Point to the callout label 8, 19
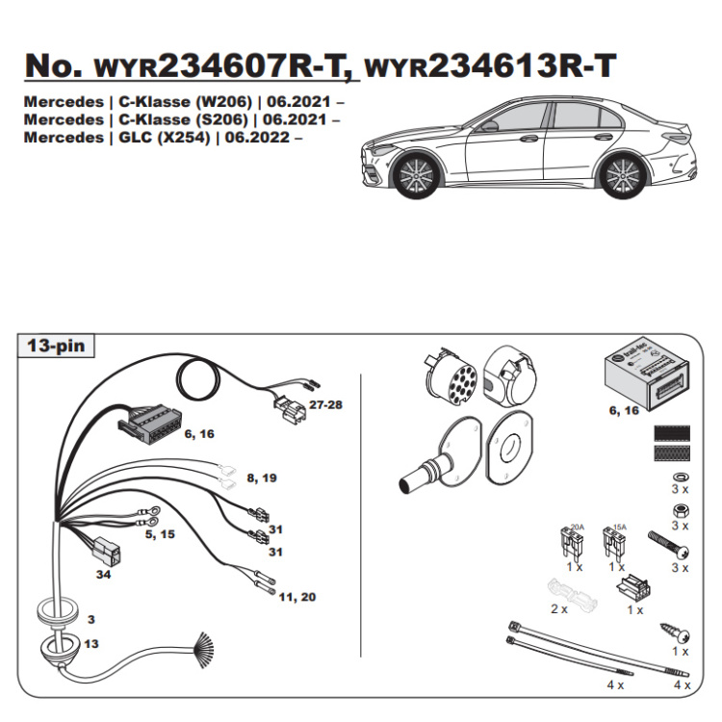(x=261, y=477)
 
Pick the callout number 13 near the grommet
(x=90, y=643)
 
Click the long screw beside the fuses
(x=671, y=545)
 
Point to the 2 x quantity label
(x=559, y=609)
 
